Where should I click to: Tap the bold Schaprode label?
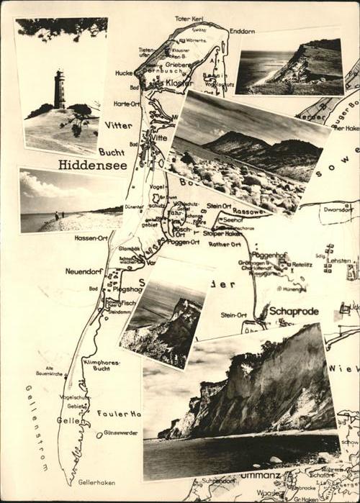point(293,311)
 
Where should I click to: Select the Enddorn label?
point(242,32)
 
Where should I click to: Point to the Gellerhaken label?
point(96,483)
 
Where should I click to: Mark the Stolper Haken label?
point(219,233)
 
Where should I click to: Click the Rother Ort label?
point(225,244)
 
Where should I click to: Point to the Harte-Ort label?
point(127,104)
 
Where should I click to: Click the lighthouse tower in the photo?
point(59,89)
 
